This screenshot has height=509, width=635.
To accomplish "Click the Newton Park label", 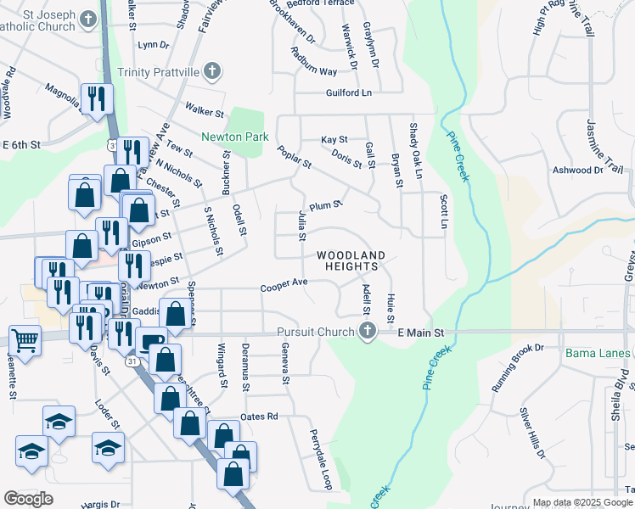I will click(235, 137).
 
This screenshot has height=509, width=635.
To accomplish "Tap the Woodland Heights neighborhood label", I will click(351, 260).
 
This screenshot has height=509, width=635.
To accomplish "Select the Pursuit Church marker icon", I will click(368, 332).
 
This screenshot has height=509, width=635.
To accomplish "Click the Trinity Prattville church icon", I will click(213, 72).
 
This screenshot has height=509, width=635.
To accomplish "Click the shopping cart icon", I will click(25, 341).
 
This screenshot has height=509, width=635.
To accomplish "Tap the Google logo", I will click(28, 498).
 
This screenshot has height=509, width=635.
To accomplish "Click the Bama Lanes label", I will click(598, 352).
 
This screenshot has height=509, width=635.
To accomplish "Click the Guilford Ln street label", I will click(348, 93).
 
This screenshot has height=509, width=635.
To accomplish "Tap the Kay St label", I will click(334, 140).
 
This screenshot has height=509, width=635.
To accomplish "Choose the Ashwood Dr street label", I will click(577, 171).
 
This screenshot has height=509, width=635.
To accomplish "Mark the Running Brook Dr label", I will click(517, 368).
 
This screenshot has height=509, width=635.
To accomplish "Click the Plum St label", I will click(325, 205).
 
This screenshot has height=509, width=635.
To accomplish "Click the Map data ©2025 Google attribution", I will click(582, 502).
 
